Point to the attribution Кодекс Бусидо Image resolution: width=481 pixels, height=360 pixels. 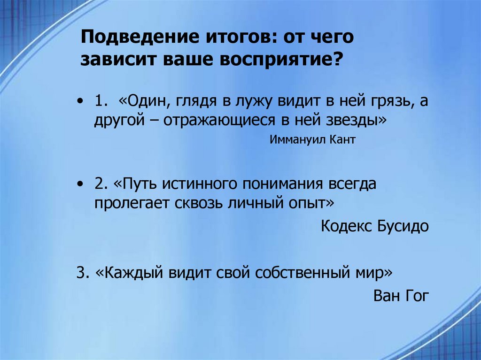[x=375, y=227]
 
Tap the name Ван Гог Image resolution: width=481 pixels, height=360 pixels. [x=401, y=296]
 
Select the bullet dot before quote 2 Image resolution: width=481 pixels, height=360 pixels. [x=83, y=184]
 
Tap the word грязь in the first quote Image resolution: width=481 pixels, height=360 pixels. [x=387, y=101]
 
